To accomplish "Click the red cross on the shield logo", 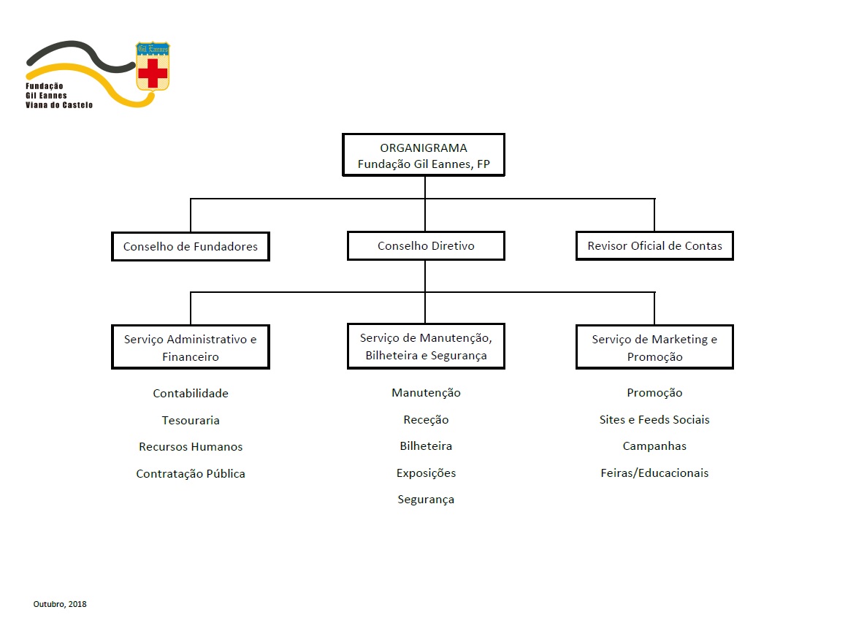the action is pyautogui.click(x=153, y=73).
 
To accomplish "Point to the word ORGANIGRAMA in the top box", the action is pyautogui.click(x=424, y=148).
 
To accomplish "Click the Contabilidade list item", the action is pyautogui.click(x=191, y=393).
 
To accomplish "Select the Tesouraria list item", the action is pyautogui.click(x=191, y=421).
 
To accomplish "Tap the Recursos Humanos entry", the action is pyautogui.click(x=191, y=446).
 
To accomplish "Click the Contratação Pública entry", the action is pyautogui.click(x=191, y=473).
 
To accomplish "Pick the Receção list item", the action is pyautogui.click(x=426, y=420).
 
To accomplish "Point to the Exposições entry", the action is pyautogui.click(x=426, y=473).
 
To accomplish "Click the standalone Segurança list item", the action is pyautogui.click(x=426, y=500).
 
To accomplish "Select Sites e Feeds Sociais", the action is pyautogui.click(x=654, y=420).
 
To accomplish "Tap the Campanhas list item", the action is pyautogui.click(x=654, y=446).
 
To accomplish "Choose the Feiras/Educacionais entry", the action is pyautogui.click(x=654, y=473).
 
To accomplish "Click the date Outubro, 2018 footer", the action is pyautogui.click(x=60, y=604).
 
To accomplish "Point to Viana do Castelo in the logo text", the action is pyautogui.click(x=59, y=105).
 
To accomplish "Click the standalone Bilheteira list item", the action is pyautogui.click(x=426, y=446).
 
